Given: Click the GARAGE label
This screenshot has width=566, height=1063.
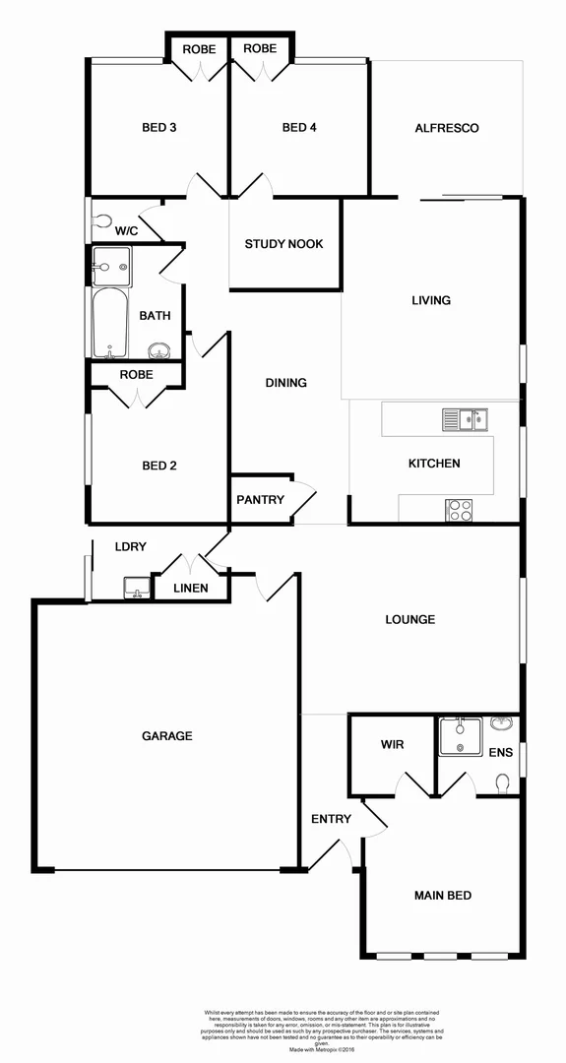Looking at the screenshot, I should tap(166, 735).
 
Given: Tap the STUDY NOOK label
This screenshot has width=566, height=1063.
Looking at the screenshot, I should tap(283, 244).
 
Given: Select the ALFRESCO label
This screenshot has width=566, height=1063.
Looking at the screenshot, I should tap(446, 128).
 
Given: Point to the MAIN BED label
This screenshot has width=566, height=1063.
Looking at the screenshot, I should tap(442, 895).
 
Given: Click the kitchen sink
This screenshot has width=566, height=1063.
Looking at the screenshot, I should tap(464, 420).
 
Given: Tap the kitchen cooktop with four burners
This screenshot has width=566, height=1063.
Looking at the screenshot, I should tap(460, 510).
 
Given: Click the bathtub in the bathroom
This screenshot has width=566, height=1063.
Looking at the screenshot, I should tap(107, 323).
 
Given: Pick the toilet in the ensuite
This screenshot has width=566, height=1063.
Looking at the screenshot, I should tap(503, 783).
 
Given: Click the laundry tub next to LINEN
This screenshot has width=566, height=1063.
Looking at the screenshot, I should tap(137, 588).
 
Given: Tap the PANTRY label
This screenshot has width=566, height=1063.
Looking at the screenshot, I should tap(260, 499).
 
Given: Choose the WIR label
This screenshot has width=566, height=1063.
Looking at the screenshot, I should tap(391, 744).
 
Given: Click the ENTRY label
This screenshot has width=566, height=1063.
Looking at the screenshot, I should tap(330, 819).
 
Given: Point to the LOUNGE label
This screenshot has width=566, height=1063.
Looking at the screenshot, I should tap(410, 619).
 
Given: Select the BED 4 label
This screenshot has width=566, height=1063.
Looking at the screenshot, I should tap(300, 127).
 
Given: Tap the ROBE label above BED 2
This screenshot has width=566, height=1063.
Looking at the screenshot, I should tap(136, 374).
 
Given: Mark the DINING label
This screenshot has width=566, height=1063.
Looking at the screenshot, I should tap(285, 383).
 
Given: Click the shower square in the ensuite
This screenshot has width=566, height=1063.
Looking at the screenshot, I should tap(460, 736).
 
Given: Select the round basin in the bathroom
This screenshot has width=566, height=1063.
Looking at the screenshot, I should tap(157, 350).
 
